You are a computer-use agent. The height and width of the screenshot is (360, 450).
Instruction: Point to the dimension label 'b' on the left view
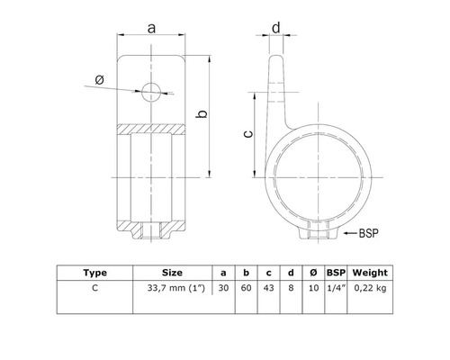pos(204,114)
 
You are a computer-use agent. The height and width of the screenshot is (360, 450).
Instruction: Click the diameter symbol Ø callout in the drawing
pos(99,81)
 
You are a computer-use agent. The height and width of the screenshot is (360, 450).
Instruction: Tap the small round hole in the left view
pos(150,91)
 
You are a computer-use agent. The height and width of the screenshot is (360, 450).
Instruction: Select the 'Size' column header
pos(173,272)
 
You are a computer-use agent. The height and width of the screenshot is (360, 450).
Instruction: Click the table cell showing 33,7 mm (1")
pos(173,288)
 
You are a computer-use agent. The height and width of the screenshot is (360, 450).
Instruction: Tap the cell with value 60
pos(247,288)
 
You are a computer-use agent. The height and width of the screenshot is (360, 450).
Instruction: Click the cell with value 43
pos(269,288)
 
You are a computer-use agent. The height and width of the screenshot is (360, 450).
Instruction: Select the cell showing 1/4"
pos(335,288)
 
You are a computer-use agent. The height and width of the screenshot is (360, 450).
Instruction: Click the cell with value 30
pos(224,288)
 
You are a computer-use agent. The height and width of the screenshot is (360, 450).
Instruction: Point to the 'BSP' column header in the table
pos(335,272)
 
